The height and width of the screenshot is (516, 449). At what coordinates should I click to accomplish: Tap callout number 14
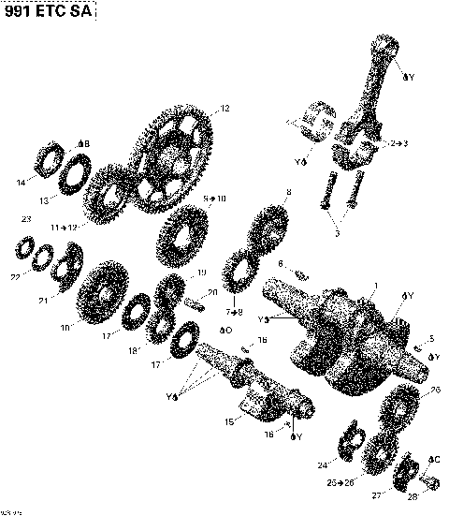22,184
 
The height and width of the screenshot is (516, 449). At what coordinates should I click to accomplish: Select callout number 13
44,200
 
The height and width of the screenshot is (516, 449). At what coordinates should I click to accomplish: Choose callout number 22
14,277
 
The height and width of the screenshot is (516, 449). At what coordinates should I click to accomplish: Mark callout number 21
44,301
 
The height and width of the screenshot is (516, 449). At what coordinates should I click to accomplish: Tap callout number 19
202,273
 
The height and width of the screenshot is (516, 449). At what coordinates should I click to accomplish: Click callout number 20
212,293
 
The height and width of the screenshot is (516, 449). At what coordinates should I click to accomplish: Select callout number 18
134,351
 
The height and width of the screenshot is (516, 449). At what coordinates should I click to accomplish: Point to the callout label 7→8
233,311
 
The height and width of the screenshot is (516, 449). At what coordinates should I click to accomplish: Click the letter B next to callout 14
86,142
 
